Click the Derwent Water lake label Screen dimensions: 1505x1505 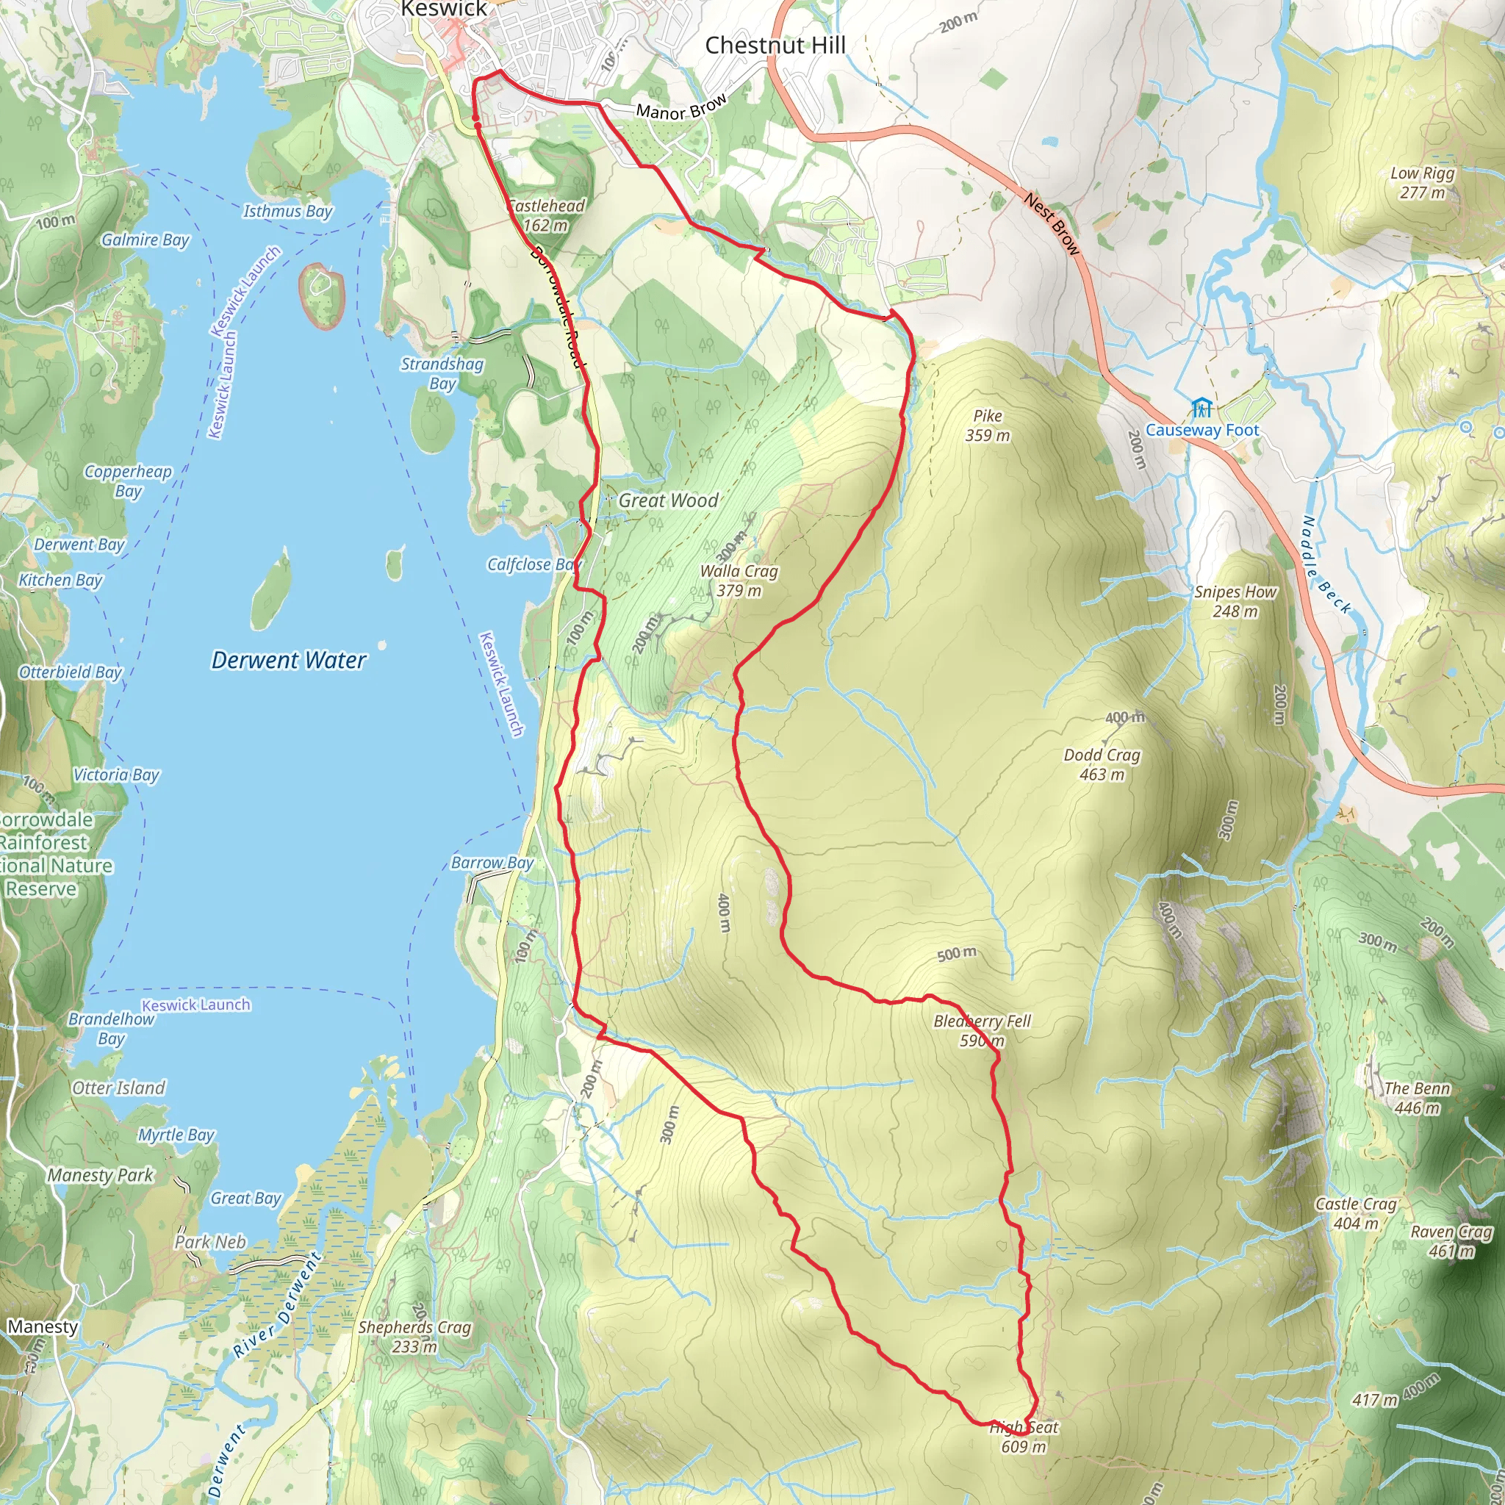288,661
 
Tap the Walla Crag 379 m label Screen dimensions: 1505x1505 739,581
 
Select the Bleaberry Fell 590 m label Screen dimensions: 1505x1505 982,1030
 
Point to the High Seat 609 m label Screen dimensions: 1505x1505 1024,1437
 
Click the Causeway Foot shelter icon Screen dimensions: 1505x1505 1202,407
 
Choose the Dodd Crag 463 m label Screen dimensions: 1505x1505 1102,764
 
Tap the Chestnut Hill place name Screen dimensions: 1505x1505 775,45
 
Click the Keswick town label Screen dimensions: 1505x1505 443,10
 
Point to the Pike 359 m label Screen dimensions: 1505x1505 987,425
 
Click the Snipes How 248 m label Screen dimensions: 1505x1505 1235,601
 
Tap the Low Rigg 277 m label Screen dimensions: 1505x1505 1423,182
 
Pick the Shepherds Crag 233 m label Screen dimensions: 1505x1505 414,1336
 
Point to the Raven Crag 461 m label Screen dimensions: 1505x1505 1451,1241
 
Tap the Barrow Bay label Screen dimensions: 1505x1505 492,862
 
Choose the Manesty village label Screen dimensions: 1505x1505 43,1326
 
